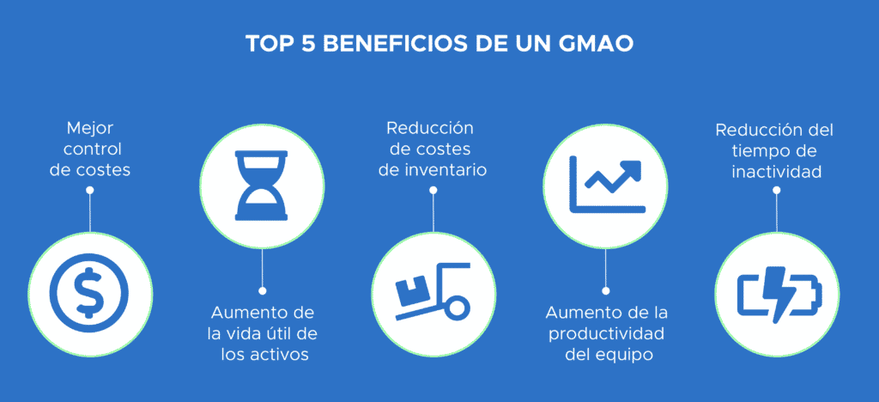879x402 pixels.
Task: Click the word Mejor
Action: click(89, 130)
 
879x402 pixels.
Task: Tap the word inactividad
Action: click(777, 171)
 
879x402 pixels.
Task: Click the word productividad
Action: click(605, 333)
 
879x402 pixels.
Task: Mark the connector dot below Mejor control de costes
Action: click(89, 191)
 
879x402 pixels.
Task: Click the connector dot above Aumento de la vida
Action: click(261, 289)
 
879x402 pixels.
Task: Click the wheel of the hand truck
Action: click(458, 308)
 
